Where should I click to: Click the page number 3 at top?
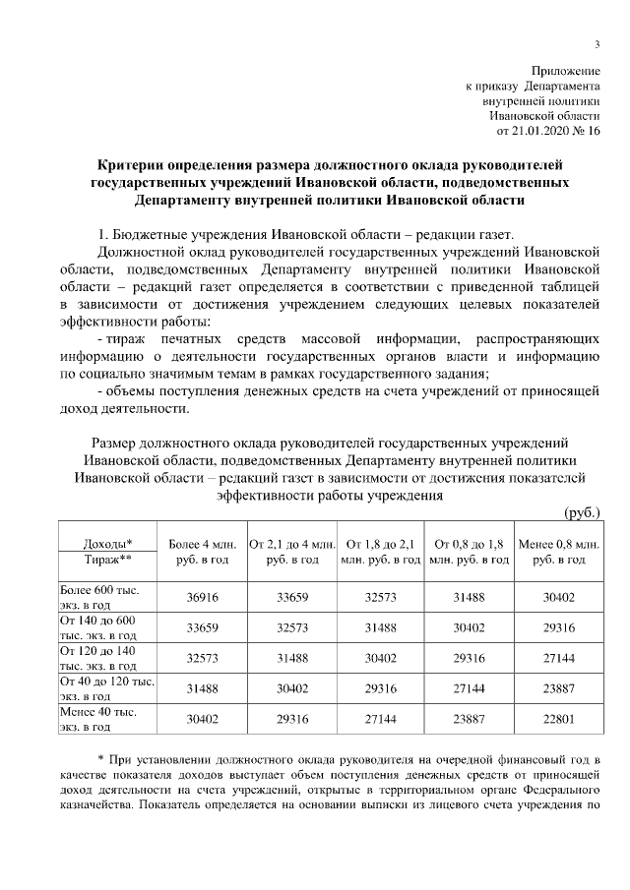[597, 41]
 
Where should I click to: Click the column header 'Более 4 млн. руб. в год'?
[203, 551]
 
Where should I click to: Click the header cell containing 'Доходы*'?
[108, 543]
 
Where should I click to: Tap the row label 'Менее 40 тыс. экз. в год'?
[98, 718]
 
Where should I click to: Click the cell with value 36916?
[203, 597]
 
